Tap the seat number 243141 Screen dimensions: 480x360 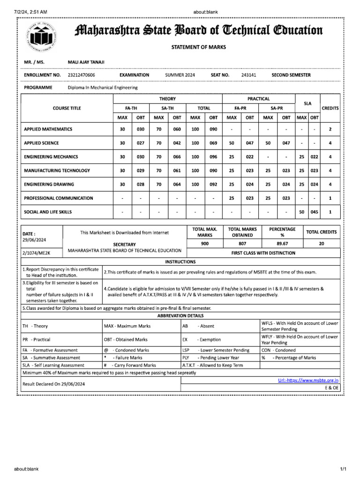coord(248,75)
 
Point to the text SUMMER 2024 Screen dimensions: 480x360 coord(180,75)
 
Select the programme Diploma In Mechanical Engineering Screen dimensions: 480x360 coord(103,88)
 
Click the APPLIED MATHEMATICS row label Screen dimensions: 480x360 coord(48,129)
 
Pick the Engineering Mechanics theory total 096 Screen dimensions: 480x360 coord(213,157)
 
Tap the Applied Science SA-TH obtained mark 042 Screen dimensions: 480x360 coord(177,143)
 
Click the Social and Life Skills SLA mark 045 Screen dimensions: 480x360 coord(314,212)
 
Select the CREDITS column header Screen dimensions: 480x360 coord(330,108)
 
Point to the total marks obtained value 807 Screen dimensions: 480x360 coord(241,244)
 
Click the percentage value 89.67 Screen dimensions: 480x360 coord(282,244)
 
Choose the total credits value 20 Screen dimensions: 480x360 coord(321,244)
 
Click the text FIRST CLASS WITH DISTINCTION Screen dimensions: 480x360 coord(263,253)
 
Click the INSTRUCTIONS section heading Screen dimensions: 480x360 coord(180,262)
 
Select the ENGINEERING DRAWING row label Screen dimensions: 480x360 coord(49,184)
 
